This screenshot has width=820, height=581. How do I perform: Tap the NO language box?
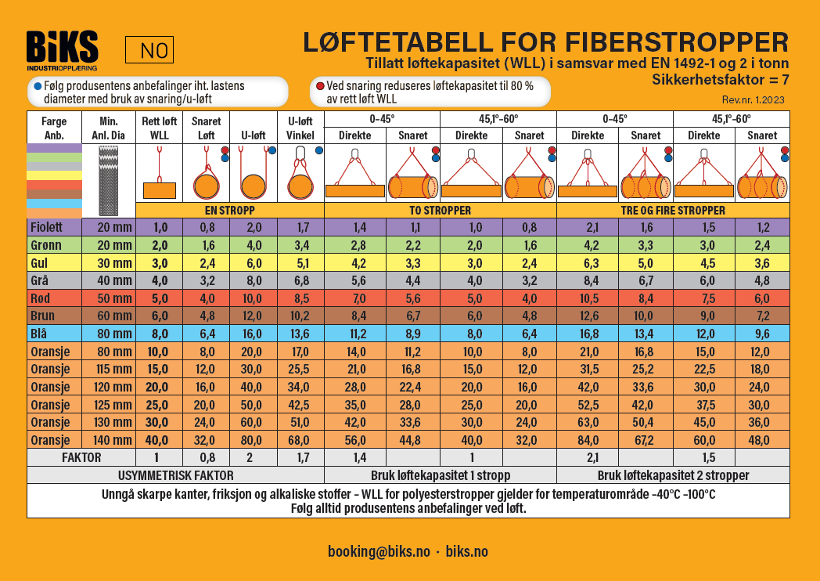tap(149, 51)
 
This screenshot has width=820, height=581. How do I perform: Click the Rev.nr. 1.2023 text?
tap(753, 99)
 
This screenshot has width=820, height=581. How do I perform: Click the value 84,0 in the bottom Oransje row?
tap(587, 439)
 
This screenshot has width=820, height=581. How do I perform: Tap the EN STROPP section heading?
tap(229, 211)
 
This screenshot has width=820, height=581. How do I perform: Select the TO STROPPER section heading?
tap(440, 211)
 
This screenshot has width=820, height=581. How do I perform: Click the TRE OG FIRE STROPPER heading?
tap(673, 211)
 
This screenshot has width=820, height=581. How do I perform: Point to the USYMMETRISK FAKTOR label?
tap(175, 475)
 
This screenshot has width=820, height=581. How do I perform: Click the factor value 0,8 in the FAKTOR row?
tap(207, 456)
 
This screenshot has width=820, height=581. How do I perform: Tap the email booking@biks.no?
tap(379, 551)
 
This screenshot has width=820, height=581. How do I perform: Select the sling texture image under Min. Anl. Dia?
tap(109, 179)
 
